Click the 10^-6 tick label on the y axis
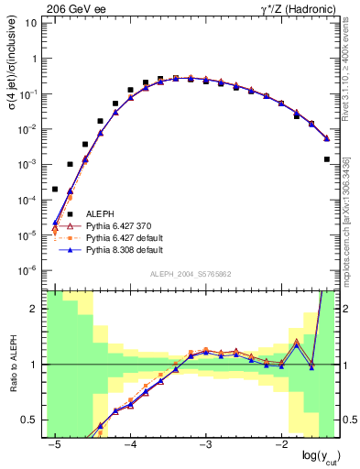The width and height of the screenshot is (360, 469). (x=27, y=270)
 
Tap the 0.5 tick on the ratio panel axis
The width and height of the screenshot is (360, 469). (x=30, y=420)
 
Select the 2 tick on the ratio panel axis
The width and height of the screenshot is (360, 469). (x=35, y=309)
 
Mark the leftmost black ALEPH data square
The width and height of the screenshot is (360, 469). (x=55, y=190)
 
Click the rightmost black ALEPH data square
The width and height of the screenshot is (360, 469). (x=327, y=159)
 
